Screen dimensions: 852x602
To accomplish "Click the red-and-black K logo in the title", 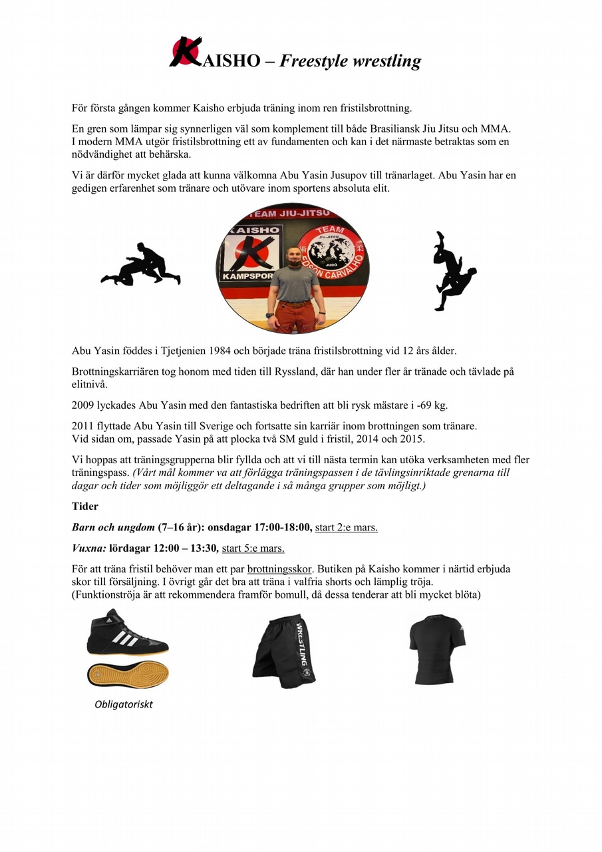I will (x=186, y=53).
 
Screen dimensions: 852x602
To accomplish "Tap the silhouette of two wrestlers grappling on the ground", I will (x=141, y=265).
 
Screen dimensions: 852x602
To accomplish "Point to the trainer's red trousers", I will (x=293, y=316).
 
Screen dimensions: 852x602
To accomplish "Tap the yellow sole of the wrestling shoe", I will (x=128, y=674).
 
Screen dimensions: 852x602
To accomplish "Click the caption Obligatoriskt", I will (x=124, y=704).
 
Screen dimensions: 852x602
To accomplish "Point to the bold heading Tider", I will (x=84, y=506).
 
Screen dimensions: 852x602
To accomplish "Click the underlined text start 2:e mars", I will (x=346, y=527).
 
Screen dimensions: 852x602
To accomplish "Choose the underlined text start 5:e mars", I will (x=253, y=548).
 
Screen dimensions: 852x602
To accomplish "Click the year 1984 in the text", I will (x=241, y=351).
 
